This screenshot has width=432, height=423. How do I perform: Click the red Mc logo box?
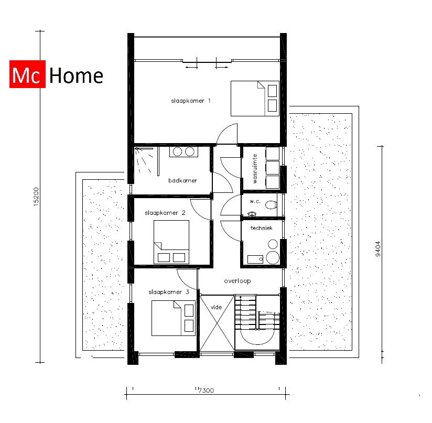[x=28, y=76]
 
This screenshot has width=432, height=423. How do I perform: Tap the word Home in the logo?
[x=76, y=76]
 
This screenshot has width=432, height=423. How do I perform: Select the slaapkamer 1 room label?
[x=191, y=100]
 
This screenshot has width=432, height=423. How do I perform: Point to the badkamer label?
[x=182, y=180]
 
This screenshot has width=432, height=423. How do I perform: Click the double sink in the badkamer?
[x=183, y=151]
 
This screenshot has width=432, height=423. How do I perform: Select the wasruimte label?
[x=255, y=168]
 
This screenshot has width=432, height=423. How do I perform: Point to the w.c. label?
[x=255, y=201]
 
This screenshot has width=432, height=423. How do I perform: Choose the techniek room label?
[x=262, y=228]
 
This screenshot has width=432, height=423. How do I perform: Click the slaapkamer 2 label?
[x=165, y=213]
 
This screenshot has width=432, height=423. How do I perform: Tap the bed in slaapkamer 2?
[x=171, y=242]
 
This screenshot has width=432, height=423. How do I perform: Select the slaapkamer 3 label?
[x=165, y=292]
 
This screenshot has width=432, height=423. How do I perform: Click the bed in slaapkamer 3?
[x=173, y=318]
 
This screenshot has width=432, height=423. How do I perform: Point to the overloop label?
[x=237, y=281]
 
